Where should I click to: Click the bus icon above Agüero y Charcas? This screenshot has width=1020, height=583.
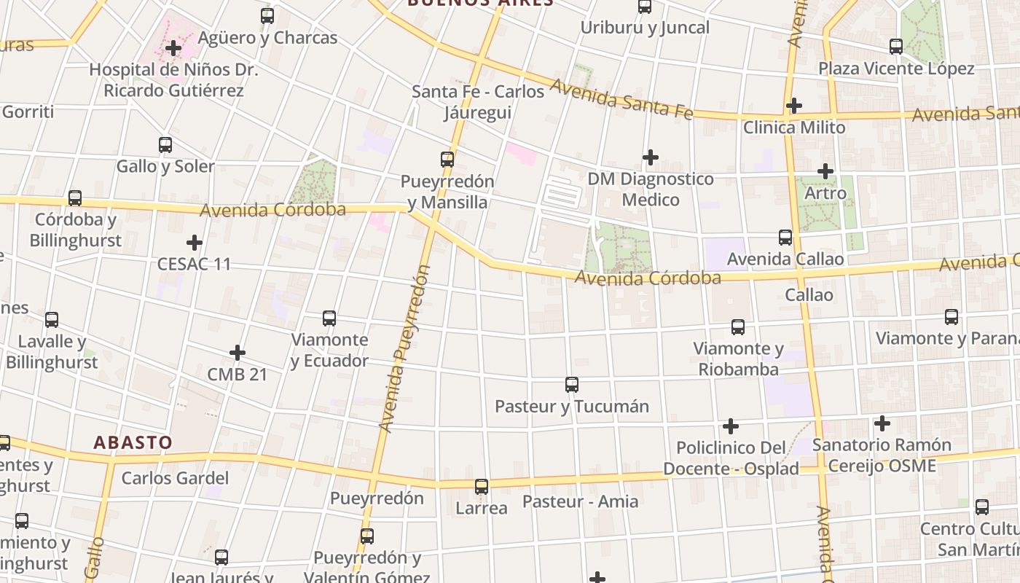click(x=267, y=15)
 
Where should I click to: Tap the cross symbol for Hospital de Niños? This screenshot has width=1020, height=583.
click(x=173, y=49)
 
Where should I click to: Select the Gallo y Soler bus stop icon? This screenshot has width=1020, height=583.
click(x=165, y=145)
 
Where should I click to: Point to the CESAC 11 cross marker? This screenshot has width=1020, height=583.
click(x=195, y=242)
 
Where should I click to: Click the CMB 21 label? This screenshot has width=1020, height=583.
click(x=238, y=375)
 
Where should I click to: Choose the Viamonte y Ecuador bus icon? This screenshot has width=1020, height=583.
click(x=329, y=318)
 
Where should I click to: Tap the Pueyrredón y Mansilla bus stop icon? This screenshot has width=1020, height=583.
click(x=447, y=159)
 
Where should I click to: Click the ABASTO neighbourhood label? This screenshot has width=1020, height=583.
click(x=133, y=442)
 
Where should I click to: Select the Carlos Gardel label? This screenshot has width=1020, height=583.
click(x=175, y=479)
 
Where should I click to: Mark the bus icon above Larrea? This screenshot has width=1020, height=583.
click(x=482, y=486)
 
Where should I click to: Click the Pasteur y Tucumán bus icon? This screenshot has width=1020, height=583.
click(x=572, y=384)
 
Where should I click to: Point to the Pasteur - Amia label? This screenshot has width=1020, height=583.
click(x=580, y=501)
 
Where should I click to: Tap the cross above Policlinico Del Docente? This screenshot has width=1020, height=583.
click(x=731, y=426)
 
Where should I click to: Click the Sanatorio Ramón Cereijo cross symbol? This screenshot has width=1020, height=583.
click(x=882, y=423)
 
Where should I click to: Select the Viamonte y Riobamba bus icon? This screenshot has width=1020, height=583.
click(x=738, y=327)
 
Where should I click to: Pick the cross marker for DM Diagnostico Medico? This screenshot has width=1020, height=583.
click(x=651, y=157)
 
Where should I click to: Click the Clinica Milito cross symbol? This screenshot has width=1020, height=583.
click(x=794, y=106)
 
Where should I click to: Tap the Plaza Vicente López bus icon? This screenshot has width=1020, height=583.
click(x=896, y=47)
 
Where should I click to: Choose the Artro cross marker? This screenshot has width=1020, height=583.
click(x=825, y=172)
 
